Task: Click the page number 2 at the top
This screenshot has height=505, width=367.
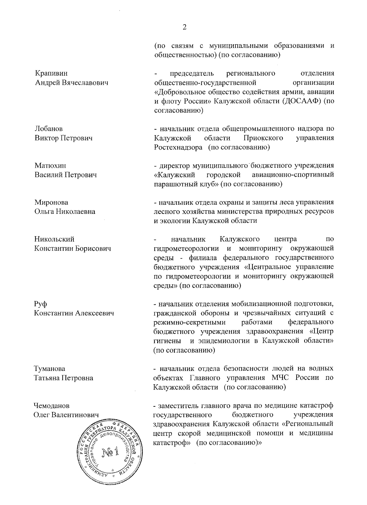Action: coord(184,28)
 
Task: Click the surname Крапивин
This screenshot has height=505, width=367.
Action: coord(51,73)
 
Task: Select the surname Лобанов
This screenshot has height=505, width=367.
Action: coord(49,129)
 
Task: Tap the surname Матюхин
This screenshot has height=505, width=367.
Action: coord(50,166)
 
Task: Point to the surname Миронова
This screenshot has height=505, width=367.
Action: coord(51,202)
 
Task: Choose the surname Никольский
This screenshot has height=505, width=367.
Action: coord(54,239)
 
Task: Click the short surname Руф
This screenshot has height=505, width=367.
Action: coord(41,304)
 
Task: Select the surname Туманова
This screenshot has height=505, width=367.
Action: coord(50,369)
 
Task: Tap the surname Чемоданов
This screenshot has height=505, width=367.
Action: coord(52,406)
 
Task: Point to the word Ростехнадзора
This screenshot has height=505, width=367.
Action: coord(178,147)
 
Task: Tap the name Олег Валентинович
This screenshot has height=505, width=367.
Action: coord(66,415)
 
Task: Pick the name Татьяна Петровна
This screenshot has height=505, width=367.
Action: coord(64,378)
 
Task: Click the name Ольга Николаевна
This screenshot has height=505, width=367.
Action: coord(65,211)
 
